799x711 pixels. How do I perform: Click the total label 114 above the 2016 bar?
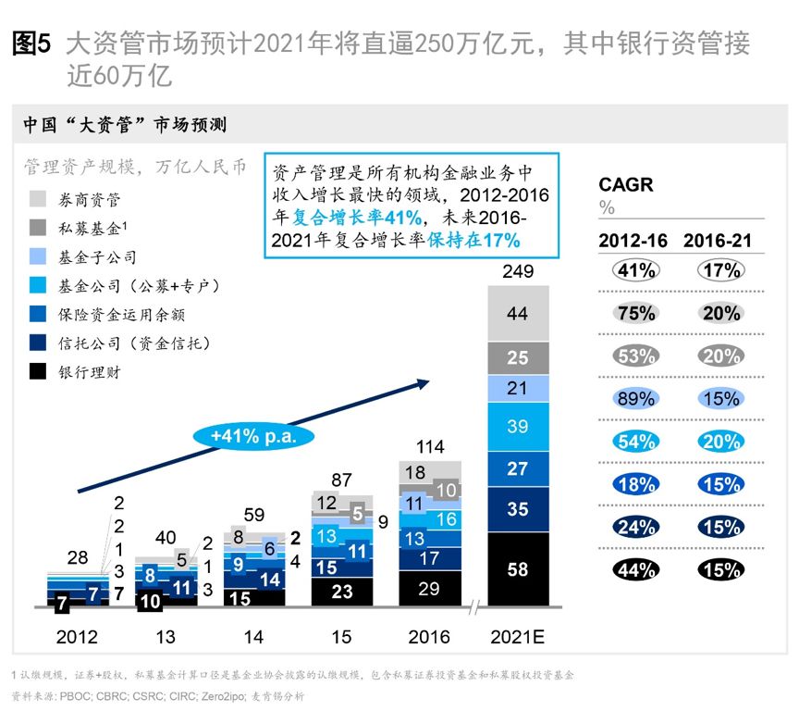coord(429,446)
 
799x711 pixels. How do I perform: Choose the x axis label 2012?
coord(76,636)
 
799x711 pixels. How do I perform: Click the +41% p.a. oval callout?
coord(252,434)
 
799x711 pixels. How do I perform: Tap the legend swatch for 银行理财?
coord(39,372)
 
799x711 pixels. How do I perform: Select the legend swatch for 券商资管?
coord(39,199)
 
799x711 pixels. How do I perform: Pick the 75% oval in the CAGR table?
coord(636,313)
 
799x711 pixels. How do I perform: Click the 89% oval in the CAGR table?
coord(636,399)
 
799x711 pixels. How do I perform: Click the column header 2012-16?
coord(633,241)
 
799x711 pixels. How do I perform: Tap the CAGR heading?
coord(626,185)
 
